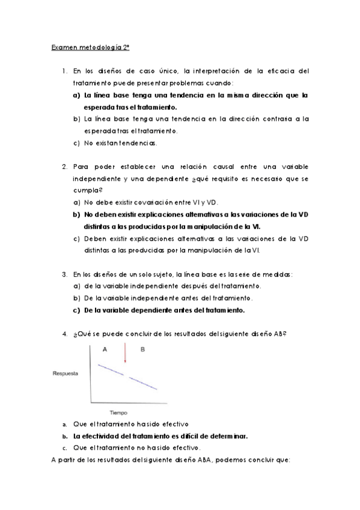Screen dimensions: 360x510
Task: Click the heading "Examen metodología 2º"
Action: tap(87, 47)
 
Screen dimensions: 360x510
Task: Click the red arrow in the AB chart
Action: tap(124, 353)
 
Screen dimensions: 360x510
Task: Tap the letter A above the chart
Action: tap(105, 349)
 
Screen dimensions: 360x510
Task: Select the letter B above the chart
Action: tap(142, 349)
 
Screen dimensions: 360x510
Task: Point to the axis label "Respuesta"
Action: tap(65, 374)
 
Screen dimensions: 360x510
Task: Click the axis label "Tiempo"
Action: tap(118, 413)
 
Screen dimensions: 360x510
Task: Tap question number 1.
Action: tap(64, 71)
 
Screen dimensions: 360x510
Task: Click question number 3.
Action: tap(64, 274)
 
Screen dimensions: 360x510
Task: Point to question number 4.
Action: tap(64, 334)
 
